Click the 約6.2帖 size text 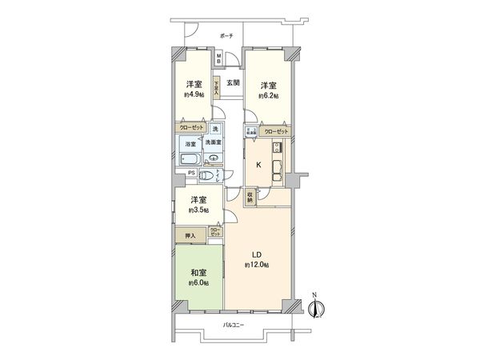point(268,95)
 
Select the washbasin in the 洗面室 point(214,158)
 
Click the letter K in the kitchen point(258,164)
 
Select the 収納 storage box point(250,197)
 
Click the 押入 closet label point(190,236)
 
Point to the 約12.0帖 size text point(257,265)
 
